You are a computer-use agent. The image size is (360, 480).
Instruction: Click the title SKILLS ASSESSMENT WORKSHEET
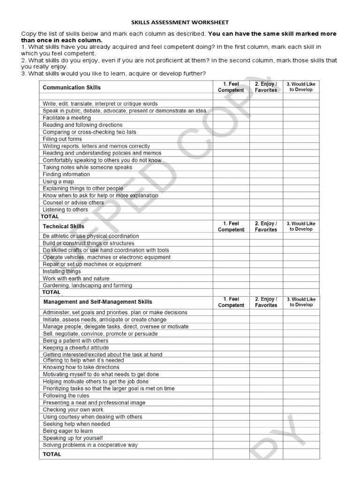tap(180, 22)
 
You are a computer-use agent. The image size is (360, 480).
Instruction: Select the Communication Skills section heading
tap(72, 87)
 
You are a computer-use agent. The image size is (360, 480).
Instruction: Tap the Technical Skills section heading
tap(64, 226)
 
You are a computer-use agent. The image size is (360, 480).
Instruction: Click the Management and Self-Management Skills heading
tap(97, 302)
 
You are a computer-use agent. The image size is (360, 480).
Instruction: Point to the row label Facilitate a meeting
tap(67, 118)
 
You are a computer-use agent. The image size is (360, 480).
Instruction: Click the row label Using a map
tap(58, 181)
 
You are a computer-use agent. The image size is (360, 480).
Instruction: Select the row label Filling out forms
tap(62, 139)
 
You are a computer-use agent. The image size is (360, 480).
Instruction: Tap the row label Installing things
tap(62, 271)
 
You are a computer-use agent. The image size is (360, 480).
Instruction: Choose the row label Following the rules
tap(66, 396)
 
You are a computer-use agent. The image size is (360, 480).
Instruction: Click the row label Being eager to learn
tap(68, 431)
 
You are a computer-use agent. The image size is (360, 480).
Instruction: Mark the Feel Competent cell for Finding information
tap(231, 174)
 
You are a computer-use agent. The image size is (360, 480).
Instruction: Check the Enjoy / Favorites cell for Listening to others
tap(266, 210)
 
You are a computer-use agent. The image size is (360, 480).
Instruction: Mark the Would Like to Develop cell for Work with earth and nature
tap(301, 278)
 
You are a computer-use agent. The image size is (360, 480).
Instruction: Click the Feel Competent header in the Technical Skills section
tap(231, 226)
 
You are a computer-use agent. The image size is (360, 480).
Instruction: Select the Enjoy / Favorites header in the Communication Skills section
tap(266, 87)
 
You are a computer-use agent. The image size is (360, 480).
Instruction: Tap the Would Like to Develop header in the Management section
tap(301, 302)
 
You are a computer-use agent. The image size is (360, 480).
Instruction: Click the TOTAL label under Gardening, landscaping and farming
tap(52, 292)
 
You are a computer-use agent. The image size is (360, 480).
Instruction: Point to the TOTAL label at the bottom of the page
tap(52, 454)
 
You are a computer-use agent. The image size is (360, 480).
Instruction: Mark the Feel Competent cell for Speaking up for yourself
tap(231, 438)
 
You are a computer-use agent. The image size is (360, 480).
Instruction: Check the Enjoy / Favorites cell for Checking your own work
tap(266, 410)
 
